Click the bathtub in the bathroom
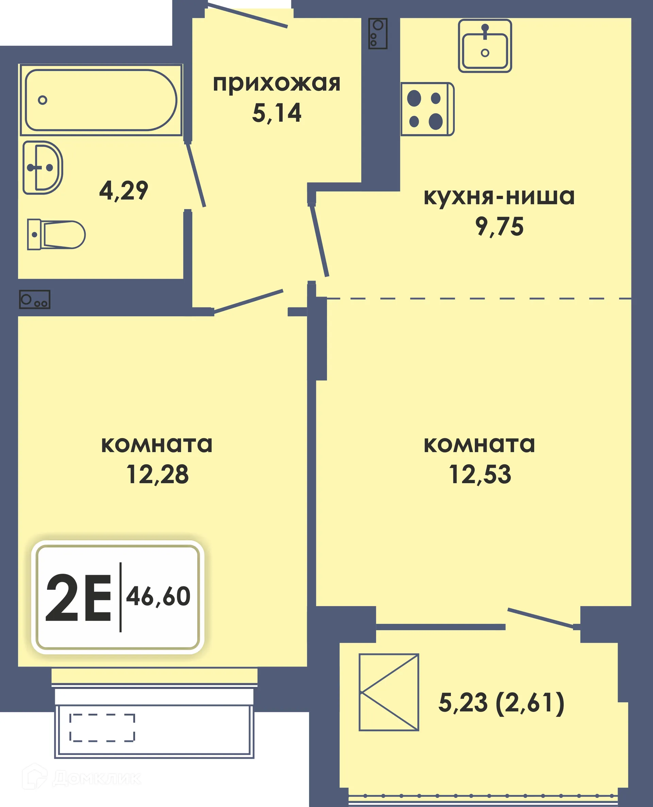click(101, 100)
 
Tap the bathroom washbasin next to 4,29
click(42, 167)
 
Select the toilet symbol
click(56, 235)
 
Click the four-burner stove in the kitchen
click(427, 109)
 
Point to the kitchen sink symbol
click(485, 46)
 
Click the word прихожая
click(277, 83)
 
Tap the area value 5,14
click(277, 113)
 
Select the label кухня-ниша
click(499, 196)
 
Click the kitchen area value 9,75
click(499, 227)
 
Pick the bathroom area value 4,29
click(123, 191)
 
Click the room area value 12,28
click(157, 474)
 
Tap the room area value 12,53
click(480, 474)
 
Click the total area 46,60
click(158, 596)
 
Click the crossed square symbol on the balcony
click(388, 692)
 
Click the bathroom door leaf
click(196, 175)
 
